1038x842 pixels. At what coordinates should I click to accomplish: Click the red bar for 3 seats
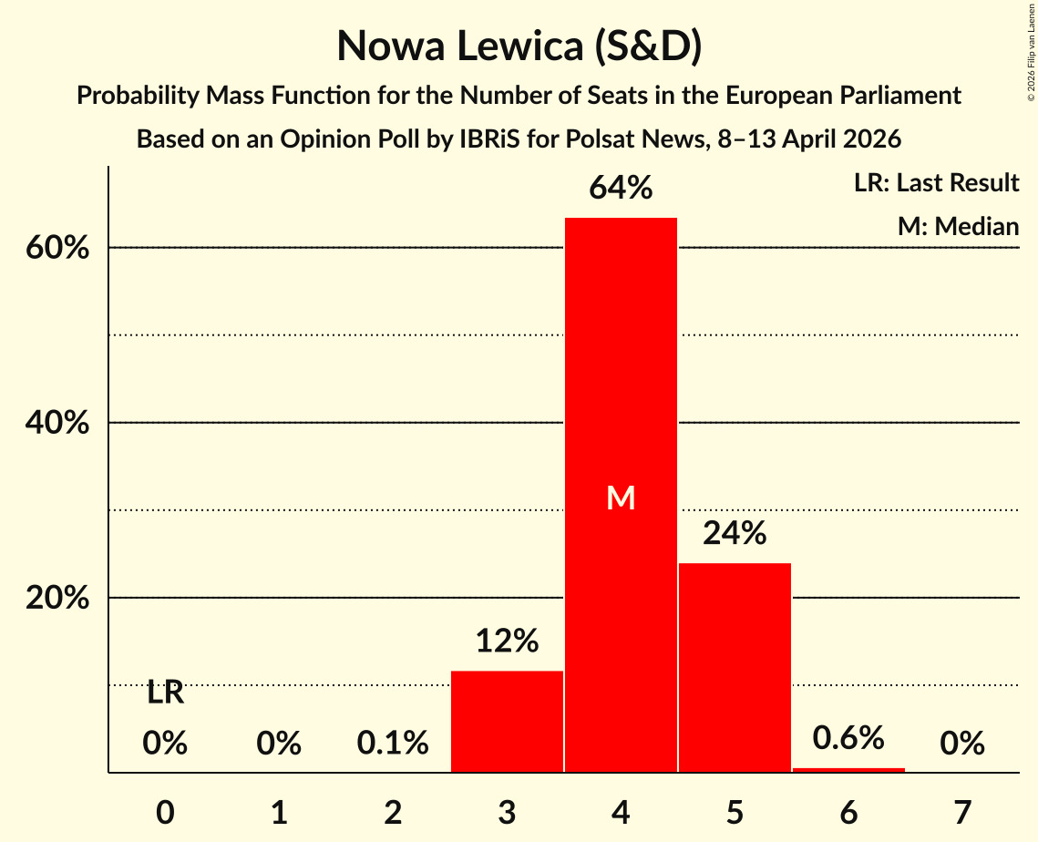click(x=507, y=721)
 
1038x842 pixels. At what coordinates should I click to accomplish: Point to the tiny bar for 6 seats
click(x=848, y=770)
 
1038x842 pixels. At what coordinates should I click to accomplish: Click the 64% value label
click(x=621, y=189)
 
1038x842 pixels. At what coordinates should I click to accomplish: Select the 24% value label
click(x=735, y=533)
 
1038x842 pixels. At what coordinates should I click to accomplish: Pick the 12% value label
click(x=507, y=642)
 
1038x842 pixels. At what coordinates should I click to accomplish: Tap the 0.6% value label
click(x=848, y=738)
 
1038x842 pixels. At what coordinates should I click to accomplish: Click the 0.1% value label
click(x=393, y=744)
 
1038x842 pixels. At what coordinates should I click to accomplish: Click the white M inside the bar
click(x=621, y=498)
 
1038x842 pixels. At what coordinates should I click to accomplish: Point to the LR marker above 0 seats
click(x=165, y=693)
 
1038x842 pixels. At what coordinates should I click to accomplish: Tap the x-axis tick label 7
click(x=962, y=812)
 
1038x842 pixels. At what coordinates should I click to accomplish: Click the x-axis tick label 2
click(x=393, y=812)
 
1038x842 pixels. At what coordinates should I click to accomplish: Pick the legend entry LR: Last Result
click(x=936, y=183)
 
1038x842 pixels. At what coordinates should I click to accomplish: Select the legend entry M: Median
click(x=958, y=226)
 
